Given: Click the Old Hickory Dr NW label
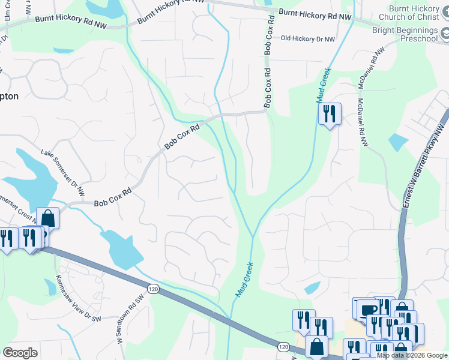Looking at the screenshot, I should click(x=307, y=38).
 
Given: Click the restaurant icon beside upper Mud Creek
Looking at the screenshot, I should click(x=329, y=113).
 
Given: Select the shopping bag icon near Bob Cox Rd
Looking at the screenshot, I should click(x=48, y=218).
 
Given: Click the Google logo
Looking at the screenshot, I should click(x=20, y=353).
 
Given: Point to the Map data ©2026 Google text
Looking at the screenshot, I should click(x=412, y=355).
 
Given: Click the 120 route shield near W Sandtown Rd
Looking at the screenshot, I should click(x=153, y=289).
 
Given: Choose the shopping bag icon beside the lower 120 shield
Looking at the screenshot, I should click(x=316, y=346).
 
